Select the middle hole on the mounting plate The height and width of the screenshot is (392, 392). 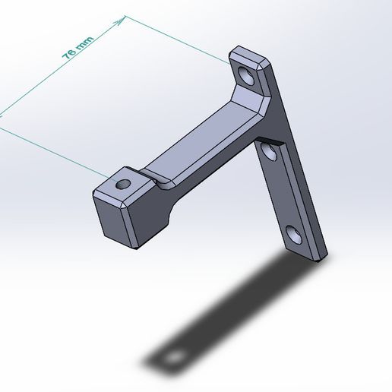[x=269, y=155]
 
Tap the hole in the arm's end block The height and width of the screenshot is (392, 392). [x=122, y=184]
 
